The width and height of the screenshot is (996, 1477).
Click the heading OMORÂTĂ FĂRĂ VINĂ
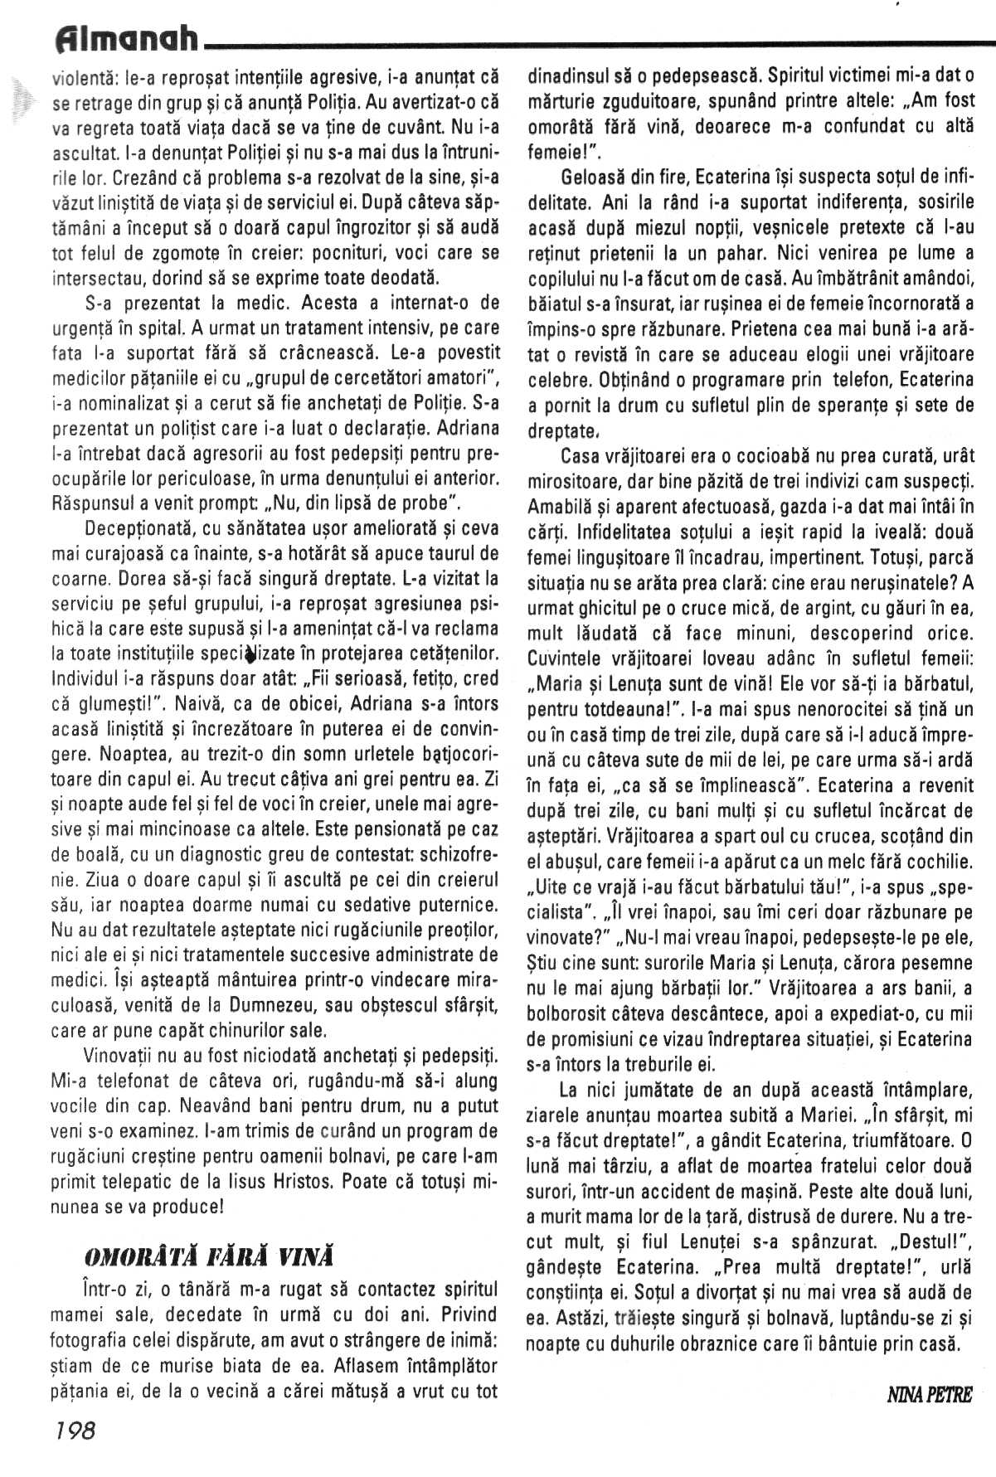(x=209, y=1256)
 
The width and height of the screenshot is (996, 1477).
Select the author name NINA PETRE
(x=929, y=1394)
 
